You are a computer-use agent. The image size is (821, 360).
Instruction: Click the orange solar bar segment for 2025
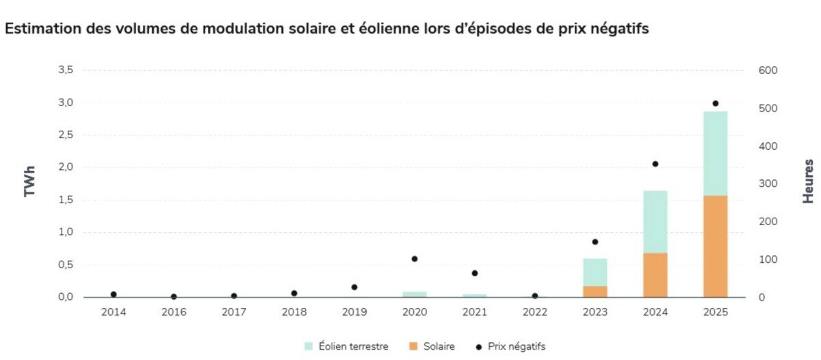point(715,246)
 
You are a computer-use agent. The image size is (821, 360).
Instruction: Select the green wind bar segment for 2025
point(715,153)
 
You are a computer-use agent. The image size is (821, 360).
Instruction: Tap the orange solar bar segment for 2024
point(655,275)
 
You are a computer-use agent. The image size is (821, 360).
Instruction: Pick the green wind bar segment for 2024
point(655,222)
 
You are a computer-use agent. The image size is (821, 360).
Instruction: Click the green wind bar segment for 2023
point(595,272)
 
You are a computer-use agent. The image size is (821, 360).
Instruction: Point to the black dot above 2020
point(415,259)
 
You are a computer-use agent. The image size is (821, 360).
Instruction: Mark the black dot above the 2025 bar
point(715,103)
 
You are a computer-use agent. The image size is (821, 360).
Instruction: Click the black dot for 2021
point(475,273)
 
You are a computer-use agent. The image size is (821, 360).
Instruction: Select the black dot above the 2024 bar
point(655,164)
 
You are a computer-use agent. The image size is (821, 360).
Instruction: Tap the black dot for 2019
point(354,287)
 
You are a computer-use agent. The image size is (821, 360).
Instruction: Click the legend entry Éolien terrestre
point(346,346)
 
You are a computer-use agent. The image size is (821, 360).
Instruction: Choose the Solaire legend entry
point(433,346)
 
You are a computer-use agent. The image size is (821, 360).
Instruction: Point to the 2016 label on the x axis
point(174,311)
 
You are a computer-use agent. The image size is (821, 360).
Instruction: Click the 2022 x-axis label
point(535,311)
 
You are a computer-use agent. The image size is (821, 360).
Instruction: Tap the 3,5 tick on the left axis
point(66,70)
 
